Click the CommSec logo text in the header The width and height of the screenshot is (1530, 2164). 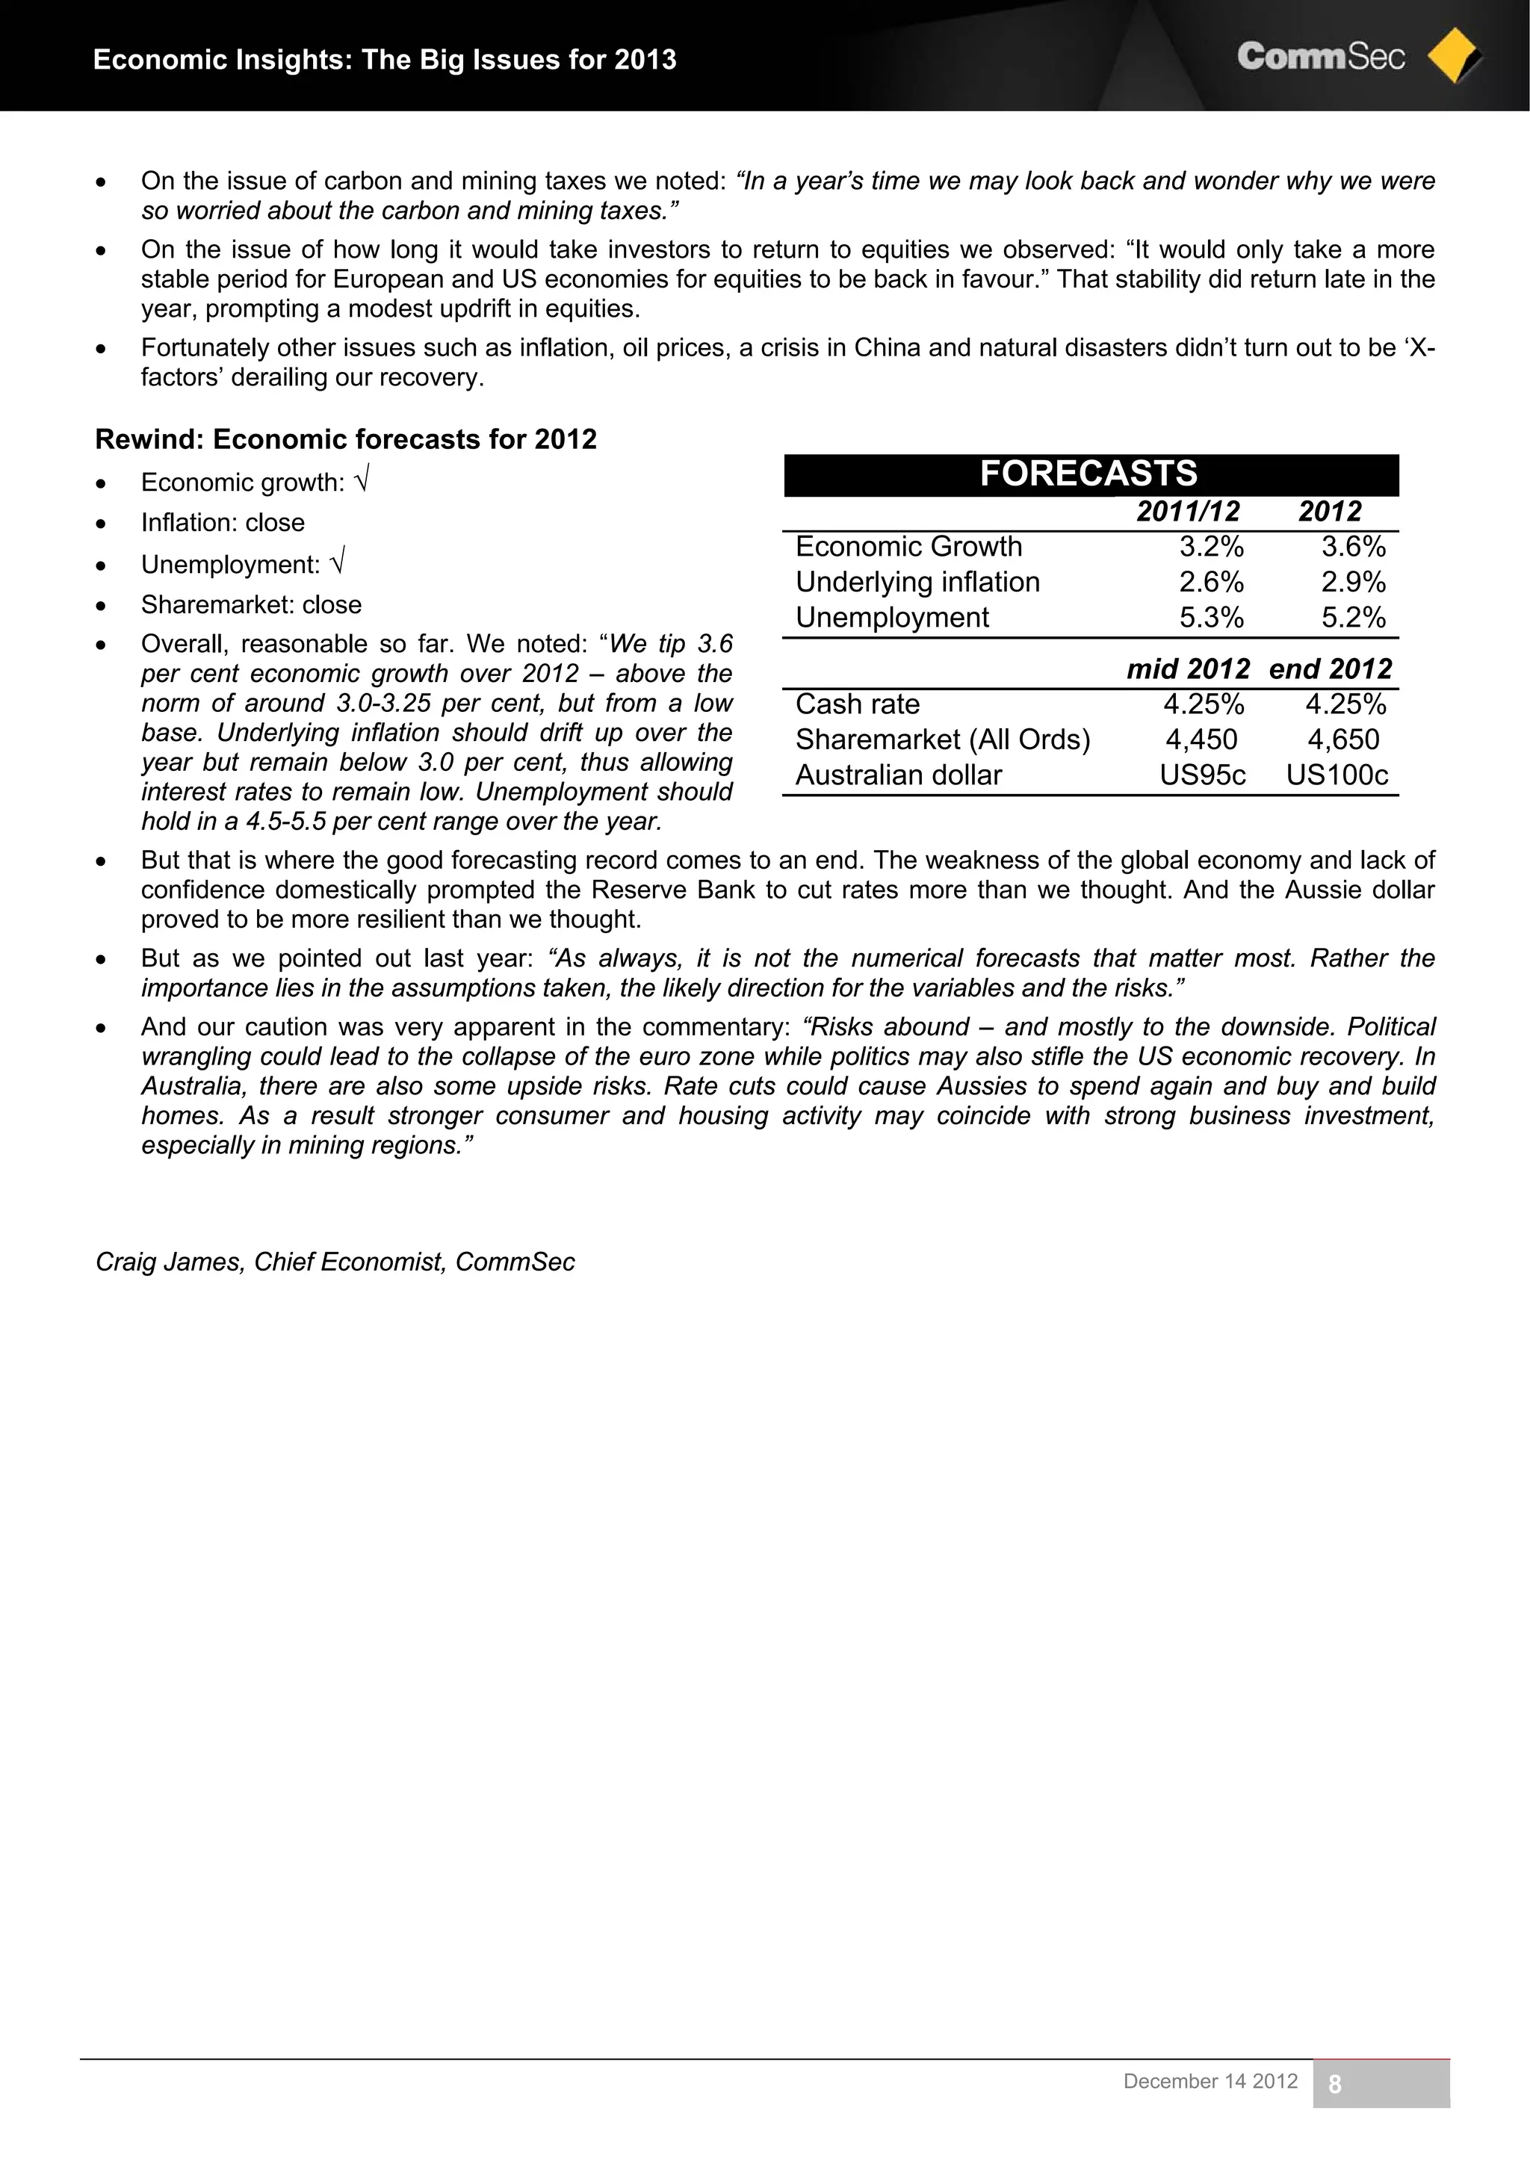tap(1320, 57)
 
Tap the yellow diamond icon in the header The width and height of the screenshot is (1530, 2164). tap(1453, 58)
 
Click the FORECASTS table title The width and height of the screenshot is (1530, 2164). tap(1088, 473)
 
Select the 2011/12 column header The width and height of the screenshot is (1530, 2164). tap(1188, 512)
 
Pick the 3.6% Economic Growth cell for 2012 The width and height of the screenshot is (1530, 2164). tap(1353, 547)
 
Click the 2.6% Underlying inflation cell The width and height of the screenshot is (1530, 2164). tap(1211, 583)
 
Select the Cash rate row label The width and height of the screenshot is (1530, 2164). tap(857, 704)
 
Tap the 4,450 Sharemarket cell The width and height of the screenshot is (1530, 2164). tap(1201, 740)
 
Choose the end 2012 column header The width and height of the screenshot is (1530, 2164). tap(1330, 669)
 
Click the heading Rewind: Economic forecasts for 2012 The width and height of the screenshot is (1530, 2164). tap(346, 439)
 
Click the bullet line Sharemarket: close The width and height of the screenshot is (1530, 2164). tap(251, 604)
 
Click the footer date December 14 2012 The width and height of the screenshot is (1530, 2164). tap(1210, 2081)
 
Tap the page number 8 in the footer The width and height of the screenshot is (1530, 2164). tap(1334, 2085)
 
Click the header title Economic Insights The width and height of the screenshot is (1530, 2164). tap(385, 59)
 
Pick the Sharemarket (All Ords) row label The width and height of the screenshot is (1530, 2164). tap(943, 740)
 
